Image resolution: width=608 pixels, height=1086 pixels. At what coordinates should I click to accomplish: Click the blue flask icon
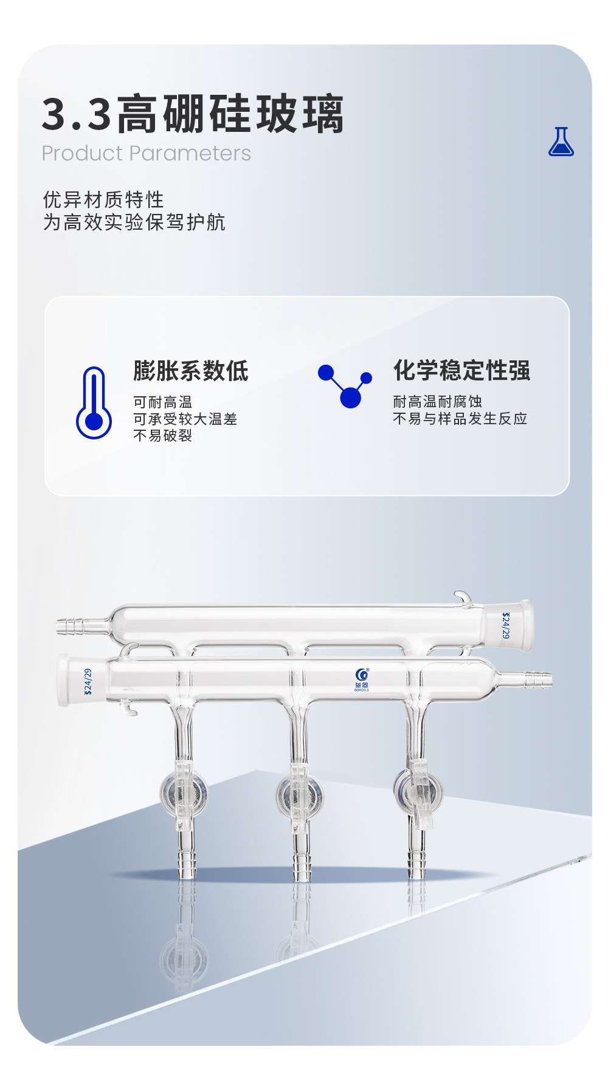(561, 142)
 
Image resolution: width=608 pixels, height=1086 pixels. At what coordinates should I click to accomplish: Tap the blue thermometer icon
(94, 402)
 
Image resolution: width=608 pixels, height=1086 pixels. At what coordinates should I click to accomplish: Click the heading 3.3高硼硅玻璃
(193, 114)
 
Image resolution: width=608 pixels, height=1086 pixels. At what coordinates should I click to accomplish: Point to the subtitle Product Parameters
(146, 153)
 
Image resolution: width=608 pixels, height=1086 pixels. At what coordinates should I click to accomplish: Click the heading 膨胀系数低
(191, 371)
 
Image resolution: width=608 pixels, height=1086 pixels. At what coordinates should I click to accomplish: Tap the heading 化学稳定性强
(461, 370)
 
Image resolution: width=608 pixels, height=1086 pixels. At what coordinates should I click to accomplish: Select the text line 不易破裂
(162, 435)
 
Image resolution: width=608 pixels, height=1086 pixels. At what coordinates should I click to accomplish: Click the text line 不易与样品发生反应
(460, 418)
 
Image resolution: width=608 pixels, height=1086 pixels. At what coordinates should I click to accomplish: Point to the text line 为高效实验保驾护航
(134, 222)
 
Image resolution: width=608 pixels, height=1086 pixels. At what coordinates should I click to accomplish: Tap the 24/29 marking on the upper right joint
(506, 625)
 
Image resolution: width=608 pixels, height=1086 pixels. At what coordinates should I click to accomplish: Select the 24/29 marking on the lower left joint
(88, 681)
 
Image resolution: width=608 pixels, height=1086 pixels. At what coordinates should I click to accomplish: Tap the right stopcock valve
(418, 792)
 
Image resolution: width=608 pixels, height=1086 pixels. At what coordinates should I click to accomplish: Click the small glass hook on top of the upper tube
(463, 599)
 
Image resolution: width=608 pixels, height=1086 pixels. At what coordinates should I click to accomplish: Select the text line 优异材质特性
(103, 199)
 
